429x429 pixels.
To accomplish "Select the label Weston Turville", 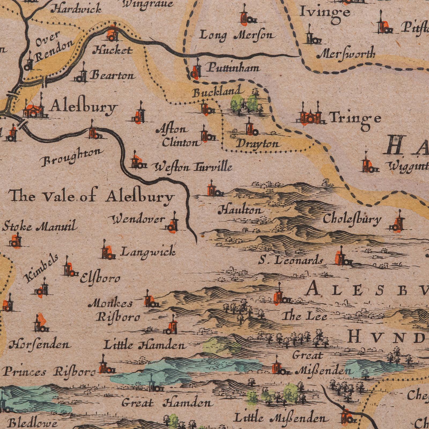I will pyautogui.click(x=192, y=168).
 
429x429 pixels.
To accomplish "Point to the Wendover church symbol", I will pyautogui.click(x=173, y=224).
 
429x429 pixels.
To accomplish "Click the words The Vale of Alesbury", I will pyautogui.click(x=91, y=197).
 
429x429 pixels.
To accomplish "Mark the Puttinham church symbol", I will pyautogui.click(x=196, y=70).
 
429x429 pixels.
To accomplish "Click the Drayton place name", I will pyautogui.click(x=257, y=144).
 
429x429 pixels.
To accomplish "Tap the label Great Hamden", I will pyautogui.click(x=168, y=402).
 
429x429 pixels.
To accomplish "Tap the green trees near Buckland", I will pyautogui.click(x=244, y=103).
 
